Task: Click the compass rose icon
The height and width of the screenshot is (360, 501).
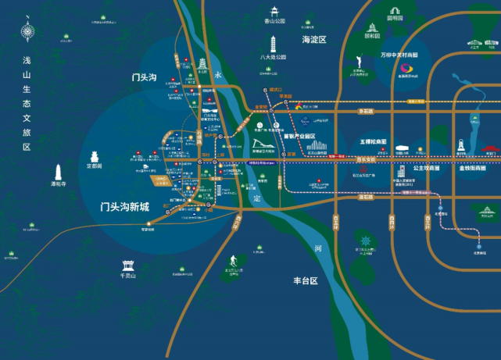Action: pos(28,33)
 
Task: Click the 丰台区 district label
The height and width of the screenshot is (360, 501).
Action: pos(308,280)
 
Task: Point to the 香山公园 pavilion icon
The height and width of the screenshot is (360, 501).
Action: pos(274,11)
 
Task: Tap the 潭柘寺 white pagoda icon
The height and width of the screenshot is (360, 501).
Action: pos(59,171)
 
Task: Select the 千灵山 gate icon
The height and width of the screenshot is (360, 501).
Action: pos(128,265)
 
